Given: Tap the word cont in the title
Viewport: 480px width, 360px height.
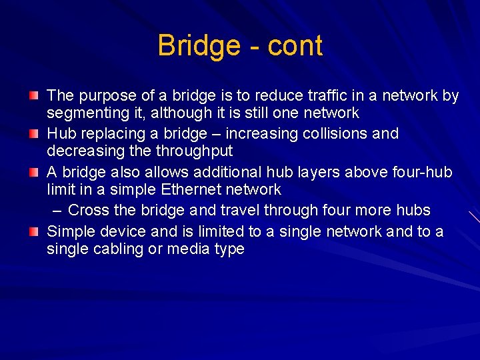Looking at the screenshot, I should coord(295,46).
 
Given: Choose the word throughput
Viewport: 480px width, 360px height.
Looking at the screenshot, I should coord(195,151).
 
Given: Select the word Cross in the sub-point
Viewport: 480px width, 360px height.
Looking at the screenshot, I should coord(89,210).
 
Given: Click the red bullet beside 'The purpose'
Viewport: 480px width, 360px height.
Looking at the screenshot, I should coord(33,96).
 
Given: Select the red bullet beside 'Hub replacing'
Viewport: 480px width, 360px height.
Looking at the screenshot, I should coord(33,133).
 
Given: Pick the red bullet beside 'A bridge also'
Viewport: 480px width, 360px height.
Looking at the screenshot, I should coord(33,172).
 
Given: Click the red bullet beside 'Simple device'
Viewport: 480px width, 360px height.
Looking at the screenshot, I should coord(33,231).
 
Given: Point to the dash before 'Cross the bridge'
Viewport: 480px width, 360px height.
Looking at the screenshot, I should coord(57,211).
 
